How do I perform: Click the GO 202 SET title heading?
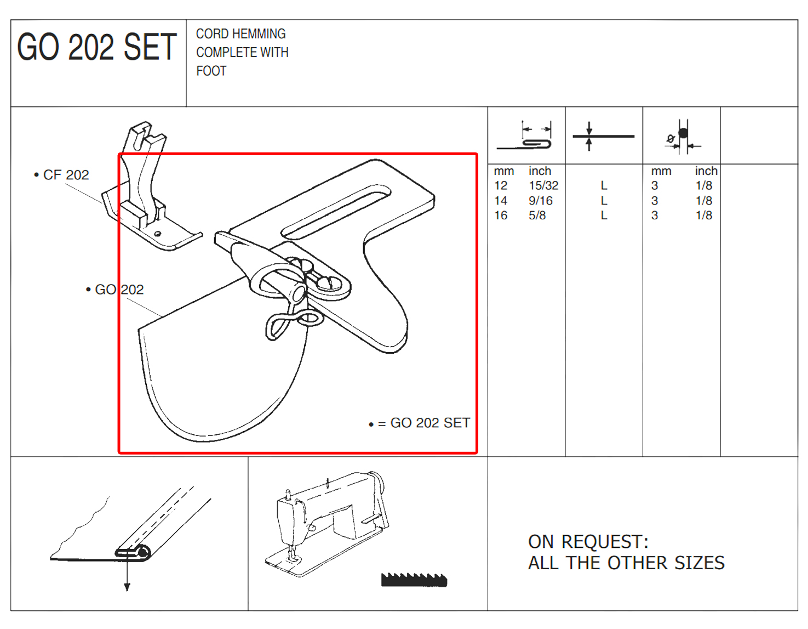coord(96,47)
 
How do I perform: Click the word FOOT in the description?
coord(211,71)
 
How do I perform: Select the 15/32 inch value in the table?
coord(543,185)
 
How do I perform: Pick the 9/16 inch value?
coord(540,201)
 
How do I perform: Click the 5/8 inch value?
coord(537,215)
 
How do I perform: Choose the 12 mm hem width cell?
coord(501,185)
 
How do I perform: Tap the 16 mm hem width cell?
coord(501,215)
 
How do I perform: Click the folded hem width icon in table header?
coord(525,135)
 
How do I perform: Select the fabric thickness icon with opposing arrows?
coord(603,136)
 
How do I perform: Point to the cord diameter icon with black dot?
coord(683,137)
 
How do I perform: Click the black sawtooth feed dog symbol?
coord(414,580)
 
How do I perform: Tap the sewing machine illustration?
coord(327,524)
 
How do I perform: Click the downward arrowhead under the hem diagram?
coord(127,587)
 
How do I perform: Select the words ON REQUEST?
coord(588,542)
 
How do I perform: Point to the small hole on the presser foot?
coord(158,234)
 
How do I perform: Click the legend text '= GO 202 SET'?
coord(424,423)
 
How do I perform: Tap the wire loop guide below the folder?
coord(294,323)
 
